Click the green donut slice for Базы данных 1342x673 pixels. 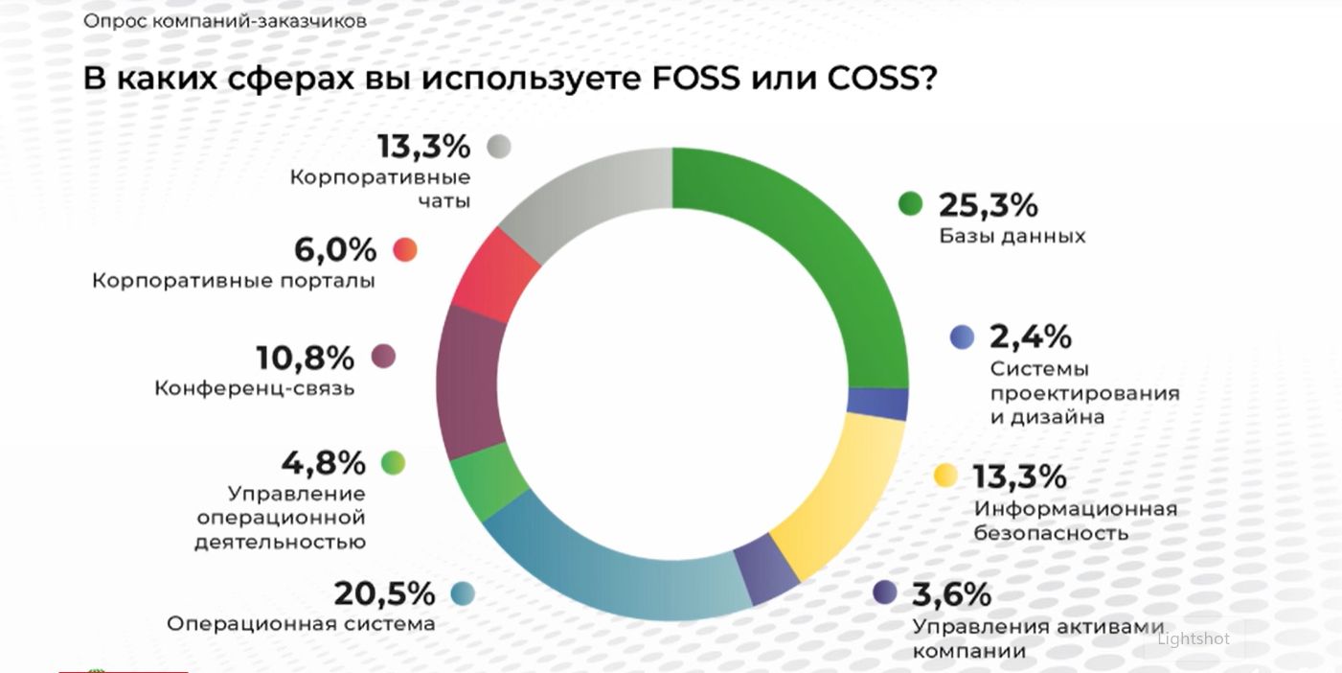814,259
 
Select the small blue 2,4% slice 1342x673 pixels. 876,405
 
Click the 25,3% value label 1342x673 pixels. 988,204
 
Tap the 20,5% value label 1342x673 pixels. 384,593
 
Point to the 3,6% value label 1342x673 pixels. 951,594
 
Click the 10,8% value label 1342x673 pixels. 305,358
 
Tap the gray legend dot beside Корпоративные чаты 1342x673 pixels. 498,146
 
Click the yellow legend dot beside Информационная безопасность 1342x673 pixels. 945,476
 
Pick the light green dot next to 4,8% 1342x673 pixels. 393,463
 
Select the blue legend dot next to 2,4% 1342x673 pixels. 962,336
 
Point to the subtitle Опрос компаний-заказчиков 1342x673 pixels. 224,20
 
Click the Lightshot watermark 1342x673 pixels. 1194,638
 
